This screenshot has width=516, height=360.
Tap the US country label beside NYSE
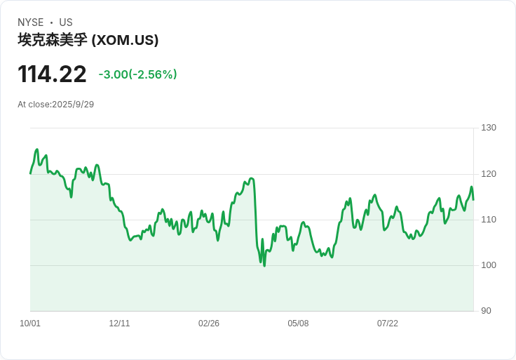(x=66, y=22)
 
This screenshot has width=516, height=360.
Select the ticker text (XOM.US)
(x=125, y=40)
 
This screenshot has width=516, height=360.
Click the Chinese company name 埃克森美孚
(x=53, y=40)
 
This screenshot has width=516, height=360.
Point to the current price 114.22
(x=52, y=74)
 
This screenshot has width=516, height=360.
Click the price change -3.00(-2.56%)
(x=137, y=74)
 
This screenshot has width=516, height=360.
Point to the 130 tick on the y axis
(x=489, y=128)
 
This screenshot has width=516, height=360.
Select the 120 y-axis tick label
(x=489, y=174)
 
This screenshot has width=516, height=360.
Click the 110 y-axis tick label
(x=489, y=220)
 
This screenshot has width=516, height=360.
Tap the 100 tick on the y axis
(x=489, y=265)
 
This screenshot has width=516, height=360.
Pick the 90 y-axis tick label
(x=486, y=311)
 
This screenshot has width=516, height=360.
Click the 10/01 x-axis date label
(x=30, y=324)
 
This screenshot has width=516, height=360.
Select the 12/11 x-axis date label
(x=119, y=324)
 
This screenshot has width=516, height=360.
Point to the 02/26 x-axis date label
(x=209, y=324)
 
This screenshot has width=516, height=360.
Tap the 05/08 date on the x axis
(x=298, y=324)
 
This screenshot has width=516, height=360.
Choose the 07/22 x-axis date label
(x=388, y=324)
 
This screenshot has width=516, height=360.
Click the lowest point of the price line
(x=264, y=265)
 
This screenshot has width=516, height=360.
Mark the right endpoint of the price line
(x=473, y=200)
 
